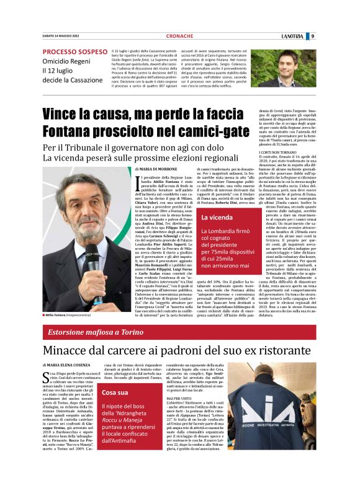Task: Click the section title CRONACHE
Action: (179, 36)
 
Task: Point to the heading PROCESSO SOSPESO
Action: (75, 52)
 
